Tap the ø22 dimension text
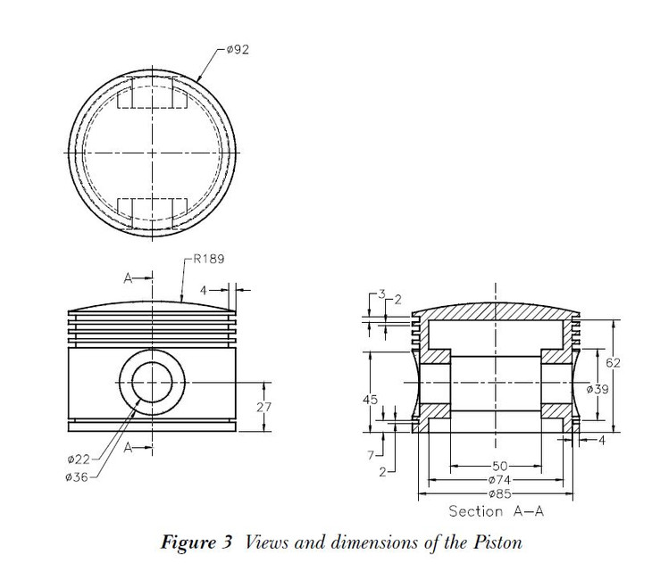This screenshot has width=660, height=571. point(79,459)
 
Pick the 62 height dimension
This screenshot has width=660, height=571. point(612,362)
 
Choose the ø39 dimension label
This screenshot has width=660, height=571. point(597,389)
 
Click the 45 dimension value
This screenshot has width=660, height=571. point(371,400)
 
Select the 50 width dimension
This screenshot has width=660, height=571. point(498,466)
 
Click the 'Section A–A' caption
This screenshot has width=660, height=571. point(497,511)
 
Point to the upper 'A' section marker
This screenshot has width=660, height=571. point(128,279)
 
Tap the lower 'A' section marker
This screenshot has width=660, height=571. point(128,449)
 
